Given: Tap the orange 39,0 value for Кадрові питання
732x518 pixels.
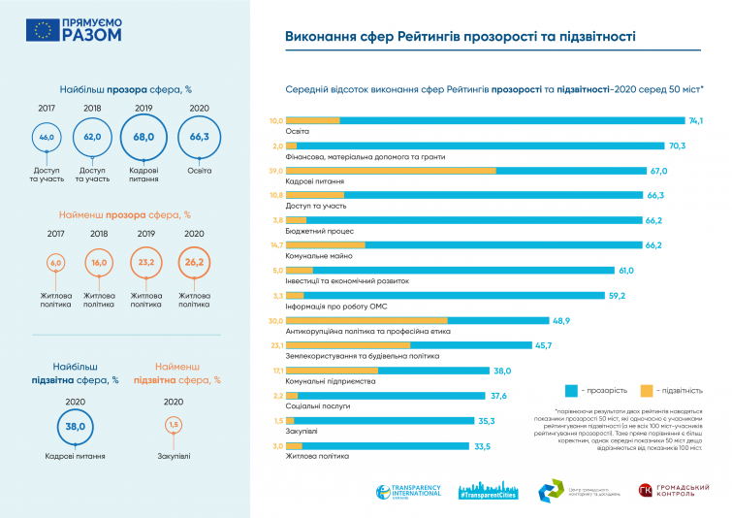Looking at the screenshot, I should (x=275, y=170).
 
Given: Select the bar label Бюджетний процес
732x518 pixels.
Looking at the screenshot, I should (x=313, y=232).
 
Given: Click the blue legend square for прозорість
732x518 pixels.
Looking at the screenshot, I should (x=573, y=390).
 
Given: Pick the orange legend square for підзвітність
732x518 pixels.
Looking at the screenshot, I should (x=647, y=390).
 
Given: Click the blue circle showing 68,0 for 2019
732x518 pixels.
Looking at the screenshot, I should (x=143, y=137).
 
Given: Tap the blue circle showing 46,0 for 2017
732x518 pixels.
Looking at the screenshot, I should (x=47, y=138).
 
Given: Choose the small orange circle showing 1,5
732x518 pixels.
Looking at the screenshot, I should (x=174, y=424).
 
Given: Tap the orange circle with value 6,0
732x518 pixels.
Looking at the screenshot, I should (x=55, y=263).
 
